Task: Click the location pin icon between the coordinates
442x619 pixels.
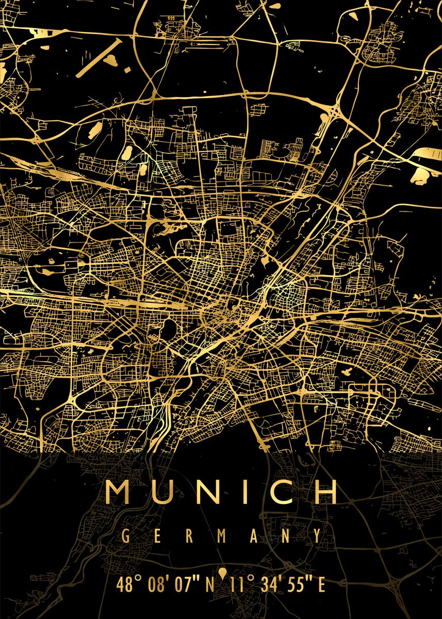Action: pyautogui.click(x=223, y=574)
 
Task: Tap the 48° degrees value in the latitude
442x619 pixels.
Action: pyautogui.click(x=129, y=585)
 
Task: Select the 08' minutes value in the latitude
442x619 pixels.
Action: pyautogui.click(x=158, y=585)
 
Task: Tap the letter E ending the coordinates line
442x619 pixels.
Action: pyautogui.click(x=321, y=585)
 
